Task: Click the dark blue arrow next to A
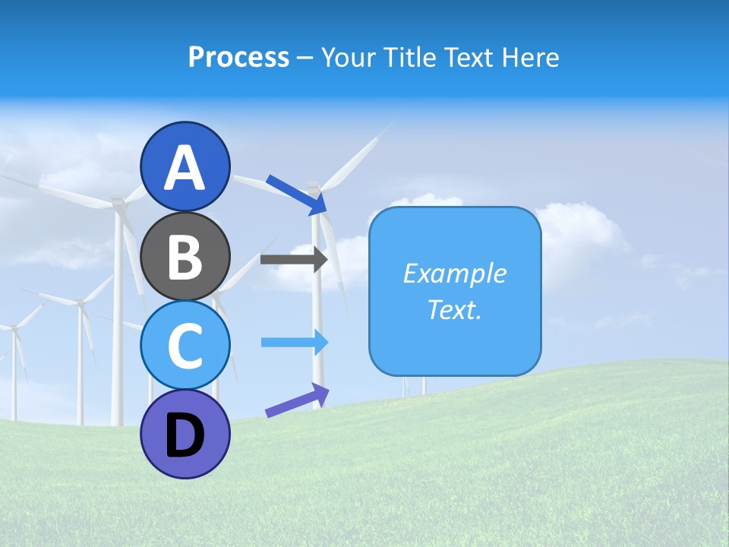296,194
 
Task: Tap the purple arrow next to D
297,400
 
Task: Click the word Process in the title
238,58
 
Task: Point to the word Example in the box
454,273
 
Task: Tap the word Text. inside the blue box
454,310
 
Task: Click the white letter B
185,257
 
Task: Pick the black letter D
185,436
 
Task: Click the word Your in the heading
348,58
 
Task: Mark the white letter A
185,167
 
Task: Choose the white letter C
185,345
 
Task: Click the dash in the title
305,58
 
